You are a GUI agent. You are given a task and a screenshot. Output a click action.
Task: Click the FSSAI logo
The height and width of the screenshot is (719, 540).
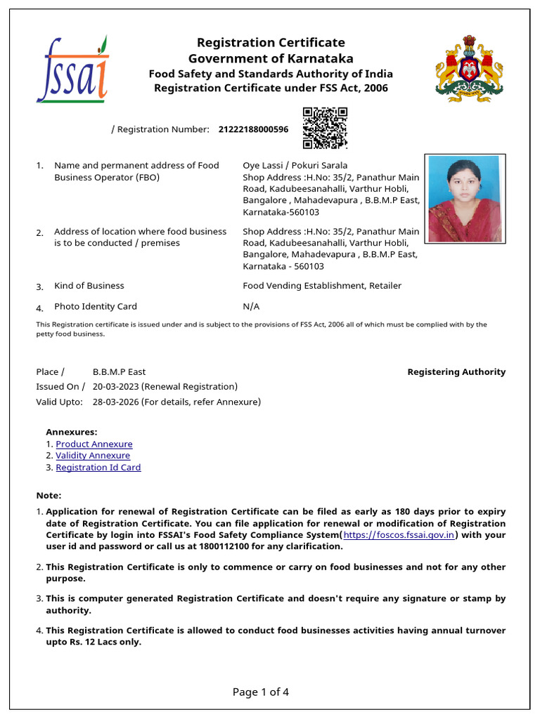(72, 70)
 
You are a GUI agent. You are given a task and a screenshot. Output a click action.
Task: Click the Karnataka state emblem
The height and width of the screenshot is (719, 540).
(469, 68)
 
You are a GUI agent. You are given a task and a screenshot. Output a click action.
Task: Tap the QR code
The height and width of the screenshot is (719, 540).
(325, 128)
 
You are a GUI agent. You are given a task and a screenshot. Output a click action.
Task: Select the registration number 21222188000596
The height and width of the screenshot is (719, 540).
(253, 129)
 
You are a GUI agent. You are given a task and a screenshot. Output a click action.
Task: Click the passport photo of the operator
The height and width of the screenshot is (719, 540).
(464, 197)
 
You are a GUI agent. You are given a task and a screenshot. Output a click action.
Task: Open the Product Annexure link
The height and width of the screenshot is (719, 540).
(94, 444)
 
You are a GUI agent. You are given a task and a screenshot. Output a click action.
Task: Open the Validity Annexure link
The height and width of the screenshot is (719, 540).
(93, 456)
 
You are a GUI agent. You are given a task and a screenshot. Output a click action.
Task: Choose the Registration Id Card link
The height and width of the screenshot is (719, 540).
(98, 468)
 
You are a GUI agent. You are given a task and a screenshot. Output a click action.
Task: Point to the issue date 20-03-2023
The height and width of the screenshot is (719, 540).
(115, 387)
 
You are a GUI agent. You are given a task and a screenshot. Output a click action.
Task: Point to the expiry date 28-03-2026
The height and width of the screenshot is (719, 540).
(115, 402)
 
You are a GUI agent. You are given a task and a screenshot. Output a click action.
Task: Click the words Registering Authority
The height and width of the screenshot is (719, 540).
(456, 372)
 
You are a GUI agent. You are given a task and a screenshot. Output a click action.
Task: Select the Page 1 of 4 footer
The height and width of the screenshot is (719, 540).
(261, 692)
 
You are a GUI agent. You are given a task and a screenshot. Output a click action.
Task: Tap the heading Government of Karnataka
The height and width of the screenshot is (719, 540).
(271, 59)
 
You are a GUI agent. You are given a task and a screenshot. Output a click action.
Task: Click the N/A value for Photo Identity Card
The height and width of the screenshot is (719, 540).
(251, 307)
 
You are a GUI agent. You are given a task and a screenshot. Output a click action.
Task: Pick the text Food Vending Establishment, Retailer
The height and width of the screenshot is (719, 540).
(322, 286)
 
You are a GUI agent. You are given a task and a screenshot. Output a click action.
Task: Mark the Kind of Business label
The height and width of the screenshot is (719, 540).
(89, 286)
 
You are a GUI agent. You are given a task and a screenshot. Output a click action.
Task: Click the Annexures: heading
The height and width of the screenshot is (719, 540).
(72, 433)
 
